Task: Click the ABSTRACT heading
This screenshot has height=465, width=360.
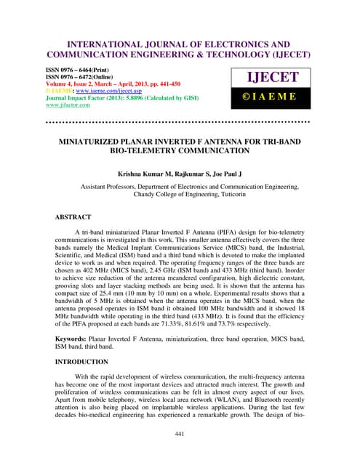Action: pyautogui.click(x=73, y=217)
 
